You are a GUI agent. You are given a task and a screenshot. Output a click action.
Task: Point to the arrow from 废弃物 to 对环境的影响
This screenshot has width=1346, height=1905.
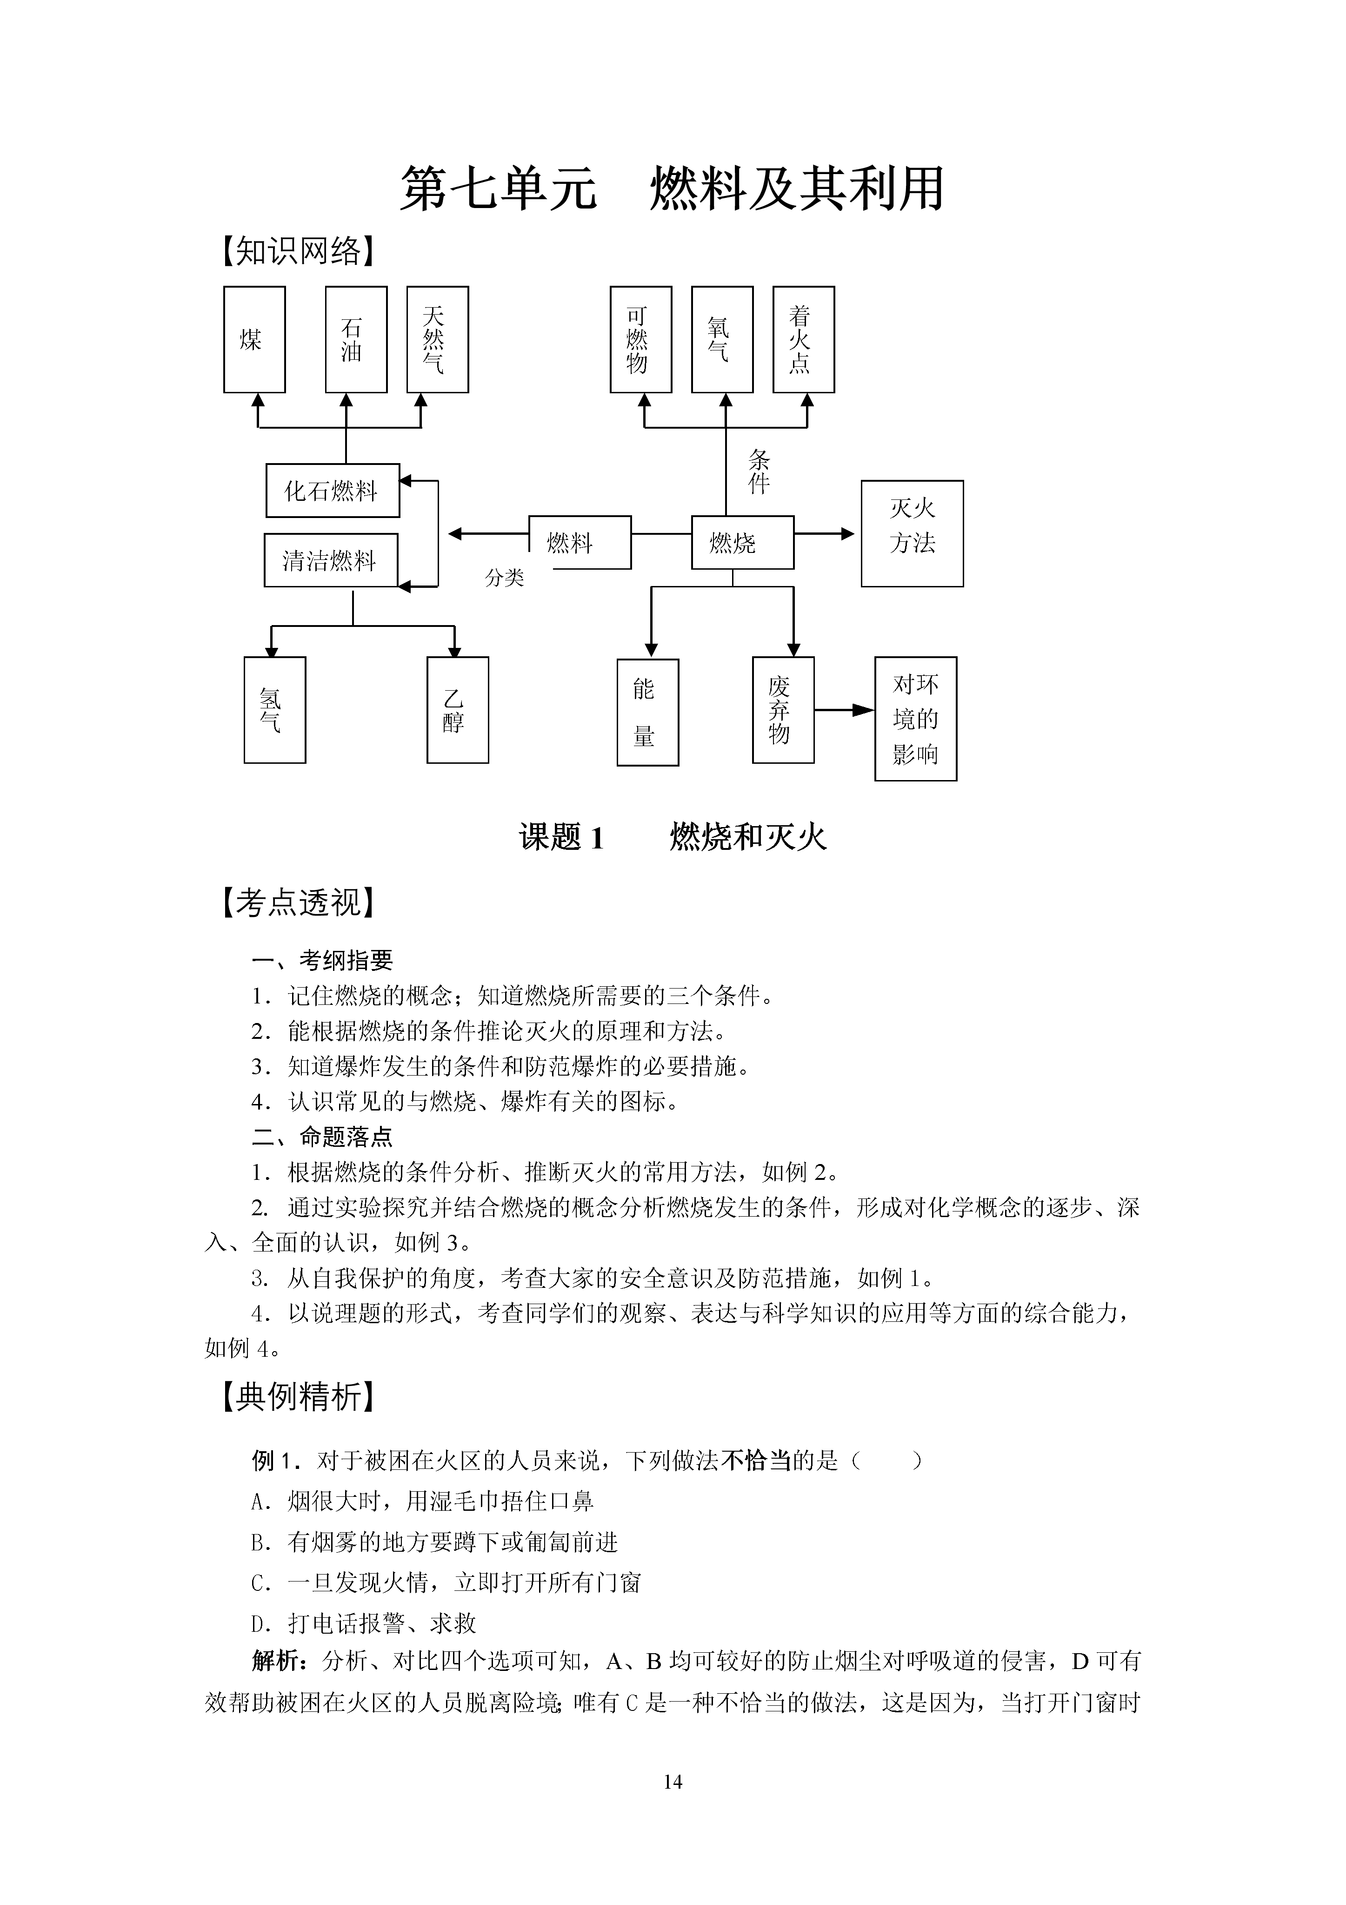pos(844,710)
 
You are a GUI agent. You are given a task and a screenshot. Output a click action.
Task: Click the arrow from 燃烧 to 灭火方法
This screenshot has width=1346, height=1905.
pos(824,533)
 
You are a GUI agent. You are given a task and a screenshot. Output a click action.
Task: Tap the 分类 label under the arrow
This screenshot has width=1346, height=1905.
pos(504,578)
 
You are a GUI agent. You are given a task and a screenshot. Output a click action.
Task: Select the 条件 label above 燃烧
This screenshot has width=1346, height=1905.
pos(759,471)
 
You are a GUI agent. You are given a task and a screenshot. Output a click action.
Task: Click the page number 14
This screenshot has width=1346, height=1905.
pos(673,1781)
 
